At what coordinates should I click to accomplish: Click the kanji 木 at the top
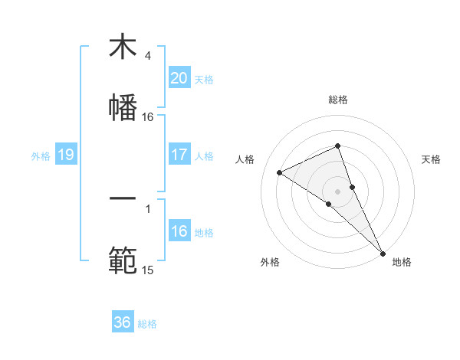[x=123, y=47]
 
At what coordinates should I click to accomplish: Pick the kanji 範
[x=123, y=260]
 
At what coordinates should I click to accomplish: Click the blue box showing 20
[x=179, y=78]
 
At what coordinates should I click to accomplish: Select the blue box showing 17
[x=179, y=155]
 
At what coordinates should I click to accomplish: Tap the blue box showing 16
[x=179, y=231]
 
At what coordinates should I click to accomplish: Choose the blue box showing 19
[x=65, y=155]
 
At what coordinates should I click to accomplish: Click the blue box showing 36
[x=123, y=322]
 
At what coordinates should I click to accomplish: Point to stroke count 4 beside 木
[x=148, y=56]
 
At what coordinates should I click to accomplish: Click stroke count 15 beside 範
[x=148, y=270]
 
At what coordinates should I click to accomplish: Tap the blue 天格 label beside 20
[x=204, y=79]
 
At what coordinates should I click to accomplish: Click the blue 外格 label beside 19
[x=41, y=156]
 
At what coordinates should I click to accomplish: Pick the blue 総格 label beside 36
[x=147, y=324]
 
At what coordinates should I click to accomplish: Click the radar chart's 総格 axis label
[x=338, y=100]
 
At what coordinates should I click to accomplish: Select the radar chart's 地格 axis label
[x=402, y=263]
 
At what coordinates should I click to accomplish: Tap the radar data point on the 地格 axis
[x=383, y=252]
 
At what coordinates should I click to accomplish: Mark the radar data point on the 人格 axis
[x=280, y=172]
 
